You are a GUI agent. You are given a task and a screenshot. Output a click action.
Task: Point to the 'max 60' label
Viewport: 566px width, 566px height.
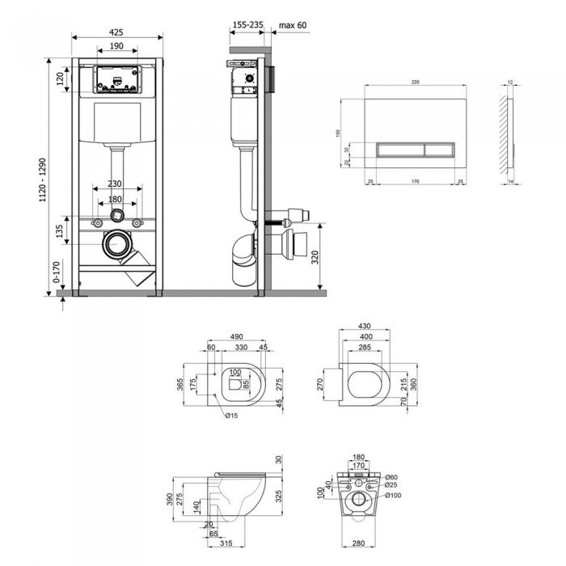291,26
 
